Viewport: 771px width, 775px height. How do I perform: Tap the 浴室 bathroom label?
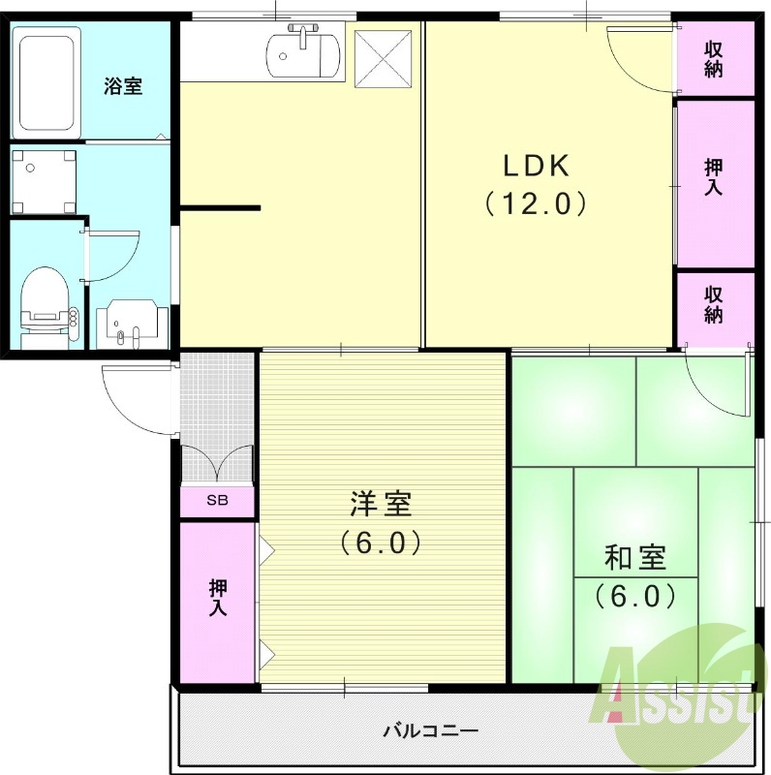click(123, 86)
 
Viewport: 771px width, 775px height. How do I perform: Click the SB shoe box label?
click(218, 501)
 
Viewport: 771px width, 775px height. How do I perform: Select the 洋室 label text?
click(381, 505)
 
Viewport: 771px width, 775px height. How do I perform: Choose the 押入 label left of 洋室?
click(218, 599)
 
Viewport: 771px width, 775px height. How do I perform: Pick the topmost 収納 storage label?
click(714, 58)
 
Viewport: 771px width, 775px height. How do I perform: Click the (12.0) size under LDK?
click(535, 204)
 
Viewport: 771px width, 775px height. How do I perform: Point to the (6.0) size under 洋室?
click(381, 542)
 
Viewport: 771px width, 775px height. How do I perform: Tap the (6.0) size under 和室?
click(634, 594)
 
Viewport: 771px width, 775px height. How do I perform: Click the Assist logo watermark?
click(678, 693)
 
